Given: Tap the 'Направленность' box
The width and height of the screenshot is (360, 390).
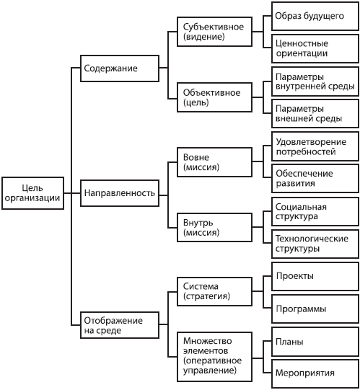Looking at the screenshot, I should coord(118,194).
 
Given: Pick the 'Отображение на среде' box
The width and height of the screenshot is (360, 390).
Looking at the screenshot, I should coord(118,324).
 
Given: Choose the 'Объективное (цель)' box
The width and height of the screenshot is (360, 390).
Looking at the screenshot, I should coord(214,97).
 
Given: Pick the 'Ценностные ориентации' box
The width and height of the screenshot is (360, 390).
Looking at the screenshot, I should coord(315,48).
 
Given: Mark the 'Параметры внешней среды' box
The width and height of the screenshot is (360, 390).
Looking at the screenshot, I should coord(315,113).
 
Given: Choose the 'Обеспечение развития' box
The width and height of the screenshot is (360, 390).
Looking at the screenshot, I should coord(315,178).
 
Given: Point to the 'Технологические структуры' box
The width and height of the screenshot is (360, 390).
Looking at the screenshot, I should coord(315,243).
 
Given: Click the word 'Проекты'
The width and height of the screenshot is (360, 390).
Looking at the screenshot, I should coord(295,276).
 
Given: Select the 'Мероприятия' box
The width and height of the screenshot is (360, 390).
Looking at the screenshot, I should coord(315,373).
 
